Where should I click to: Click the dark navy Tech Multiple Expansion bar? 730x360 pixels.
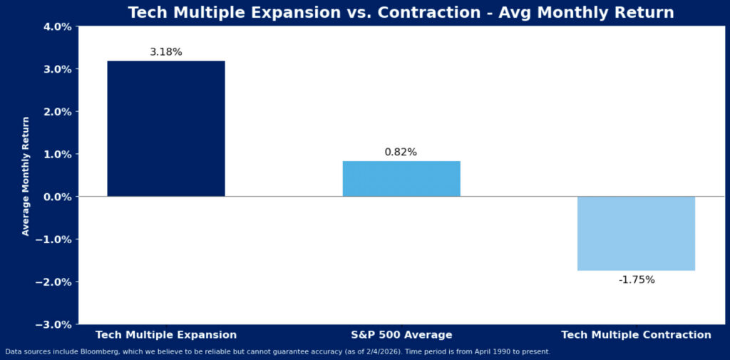[166, 128]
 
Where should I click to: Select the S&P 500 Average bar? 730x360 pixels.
[401, 178]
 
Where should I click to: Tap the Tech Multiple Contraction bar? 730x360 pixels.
[636, 233]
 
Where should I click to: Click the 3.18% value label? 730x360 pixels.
[166, 52]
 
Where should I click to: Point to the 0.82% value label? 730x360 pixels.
[401, 152]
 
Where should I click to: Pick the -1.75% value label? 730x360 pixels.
[636, 280]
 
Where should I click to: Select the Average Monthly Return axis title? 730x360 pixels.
[26, 176]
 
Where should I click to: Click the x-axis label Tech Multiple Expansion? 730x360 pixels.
[166, 334]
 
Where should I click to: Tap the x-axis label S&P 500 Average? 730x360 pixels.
[401, 334]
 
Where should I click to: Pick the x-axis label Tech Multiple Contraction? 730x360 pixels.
[636, 334]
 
